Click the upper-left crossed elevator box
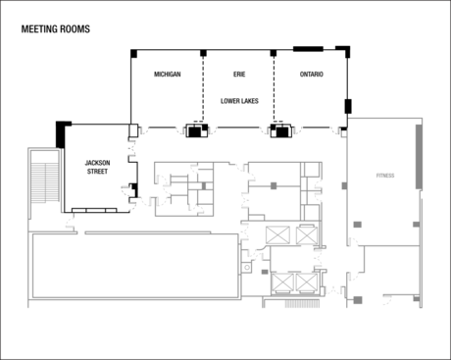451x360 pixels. click(x=278, y=235)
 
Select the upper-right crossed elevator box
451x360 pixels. click(x=308, y=235)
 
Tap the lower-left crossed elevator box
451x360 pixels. click(x=284, y=282)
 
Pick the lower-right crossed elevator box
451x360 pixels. click(x=310, y=282)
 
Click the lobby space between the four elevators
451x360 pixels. click(x=294, y=258)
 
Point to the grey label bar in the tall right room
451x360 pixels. click(x=384, y=176)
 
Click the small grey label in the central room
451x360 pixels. click(x=274, y=184)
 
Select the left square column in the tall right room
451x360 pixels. click(x=356, y=225)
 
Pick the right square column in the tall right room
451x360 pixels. click(x=415, y=225)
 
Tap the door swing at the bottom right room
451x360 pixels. click(x=387, y=300)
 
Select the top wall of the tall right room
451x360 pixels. click(x=385, y=119)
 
